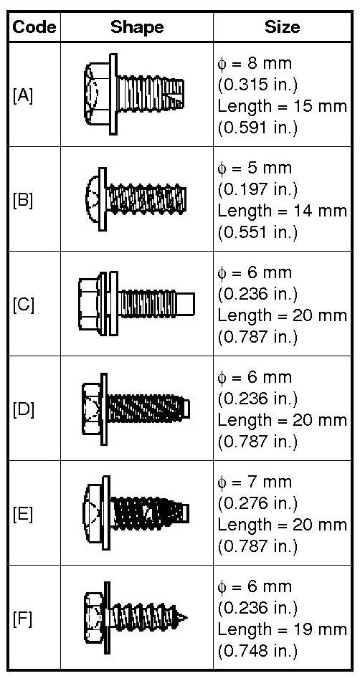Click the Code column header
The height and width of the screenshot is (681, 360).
click(x=34, y=27)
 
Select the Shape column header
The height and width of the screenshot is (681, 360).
click(x=137, y=27)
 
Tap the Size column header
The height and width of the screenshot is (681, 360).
click(x=282, y=27)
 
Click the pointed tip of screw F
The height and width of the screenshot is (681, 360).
click(x=187, y=616)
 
